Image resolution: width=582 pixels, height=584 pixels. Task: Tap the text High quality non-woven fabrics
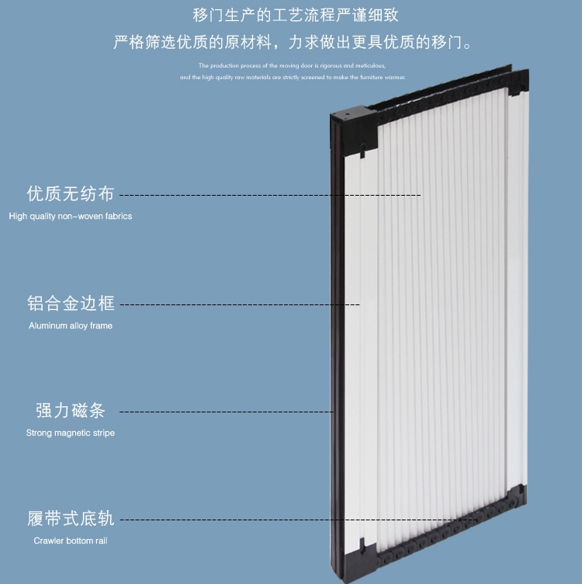[x=71, y=216]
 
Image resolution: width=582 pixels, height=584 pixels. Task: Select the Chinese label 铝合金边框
[x=71, y=304]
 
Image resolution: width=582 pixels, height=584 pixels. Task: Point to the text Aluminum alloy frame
[x=71, y=325]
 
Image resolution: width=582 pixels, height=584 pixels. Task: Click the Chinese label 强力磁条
[x=71, y=411]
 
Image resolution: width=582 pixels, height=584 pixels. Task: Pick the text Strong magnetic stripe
[x=71, y=433]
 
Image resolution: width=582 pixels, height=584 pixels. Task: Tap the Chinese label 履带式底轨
[x=71, y=519]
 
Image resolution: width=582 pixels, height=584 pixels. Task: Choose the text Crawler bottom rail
[x=71, y=541]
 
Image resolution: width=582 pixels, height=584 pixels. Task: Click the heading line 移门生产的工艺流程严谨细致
[x=296, y=16]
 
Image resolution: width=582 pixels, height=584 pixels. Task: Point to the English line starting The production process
[x=292, y=66]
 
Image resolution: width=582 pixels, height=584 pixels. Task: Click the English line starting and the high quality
[x=292, y=78]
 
